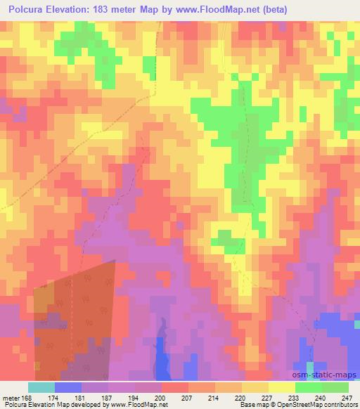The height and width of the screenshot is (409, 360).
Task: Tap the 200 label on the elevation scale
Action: coord(161,397)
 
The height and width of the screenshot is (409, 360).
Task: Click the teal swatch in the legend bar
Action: coord(41,387)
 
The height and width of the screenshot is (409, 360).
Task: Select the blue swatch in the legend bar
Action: coord(68,387)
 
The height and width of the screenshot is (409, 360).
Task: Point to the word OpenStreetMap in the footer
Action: coord(286,405)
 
